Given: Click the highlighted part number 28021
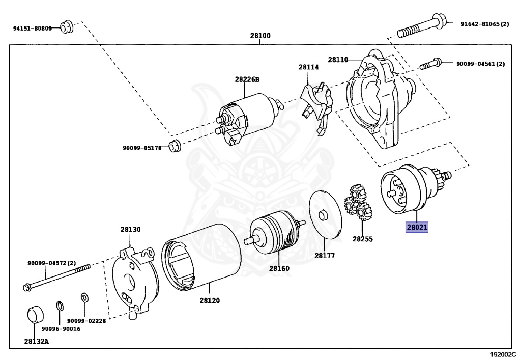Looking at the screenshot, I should tap(416, 227).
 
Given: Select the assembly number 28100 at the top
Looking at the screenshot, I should tap(260, 36).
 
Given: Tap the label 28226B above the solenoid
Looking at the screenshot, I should tap(247, 79).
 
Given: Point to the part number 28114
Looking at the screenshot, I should tap(308, 67).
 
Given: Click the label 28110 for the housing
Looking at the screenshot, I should tap(338, 60).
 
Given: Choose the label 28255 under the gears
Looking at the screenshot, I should tap(362, 238).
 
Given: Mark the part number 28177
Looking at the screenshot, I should tap(324, 256).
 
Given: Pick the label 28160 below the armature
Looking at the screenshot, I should tap(279, 268).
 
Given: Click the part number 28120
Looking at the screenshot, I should tap(209, 300).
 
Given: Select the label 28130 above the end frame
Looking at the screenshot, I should tap(130, 230).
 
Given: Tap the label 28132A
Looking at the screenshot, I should tap(36, 341).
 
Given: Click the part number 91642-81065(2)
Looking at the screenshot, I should tap(485, 24).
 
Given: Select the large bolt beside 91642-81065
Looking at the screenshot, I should tap(422, 27).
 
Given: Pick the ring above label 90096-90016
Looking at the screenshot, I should tap(60, 306).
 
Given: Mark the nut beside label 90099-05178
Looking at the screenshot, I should tap(175, 146).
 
